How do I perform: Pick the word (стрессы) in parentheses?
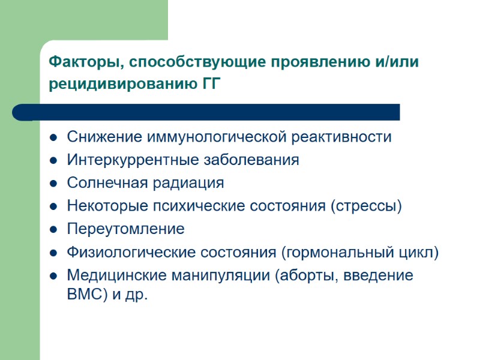pyautogui.click(x=366, y=206)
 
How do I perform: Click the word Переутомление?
pyautogui.click(x=126, y=229)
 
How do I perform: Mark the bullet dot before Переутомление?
pyautogui.click(x=53, y=230)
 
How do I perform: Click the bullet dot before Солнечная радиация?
pyautogui.click(x=53, y=184)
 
